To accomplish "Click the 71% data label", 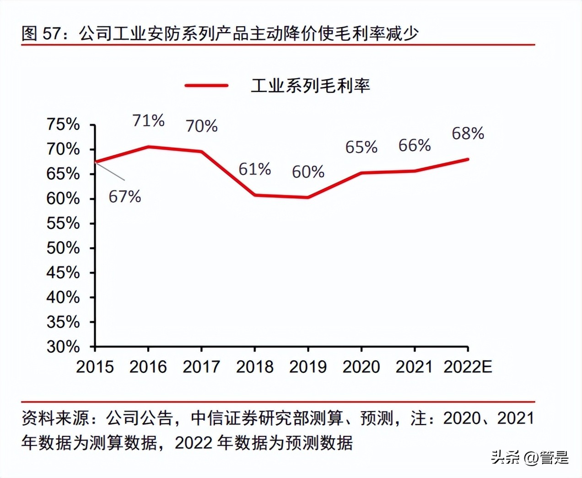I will point(148,120).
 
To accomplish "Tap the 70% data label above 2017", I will point(201,126).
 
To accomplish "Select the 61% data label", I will point(254,169).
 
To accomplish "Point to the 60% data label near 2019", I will point(308,172).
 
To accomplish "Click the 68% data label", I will point(468,133).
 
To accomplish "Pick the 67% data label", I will point(124,196).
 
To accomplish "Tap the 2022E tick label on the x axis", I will point(468,366).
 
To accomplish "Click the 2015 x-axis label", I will point(95,366).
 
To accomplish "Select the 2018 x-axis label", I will point(254,366).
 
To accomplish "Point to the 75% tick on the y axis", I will point(63,124).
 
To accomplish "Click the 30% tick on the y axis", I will point(63,347).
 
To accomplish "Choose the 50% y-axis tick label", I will point(63,248).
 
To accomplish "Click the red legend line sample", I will point(206,86).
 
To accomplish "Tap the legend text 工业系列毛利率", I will point(310,86).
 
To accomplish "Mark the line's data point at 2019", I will point(308,197).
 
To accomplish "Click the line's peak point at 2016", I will point(148,147).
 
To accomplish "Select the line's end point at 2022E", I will point(467,159).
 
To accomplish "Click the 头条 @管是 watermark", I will point(529,457).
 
